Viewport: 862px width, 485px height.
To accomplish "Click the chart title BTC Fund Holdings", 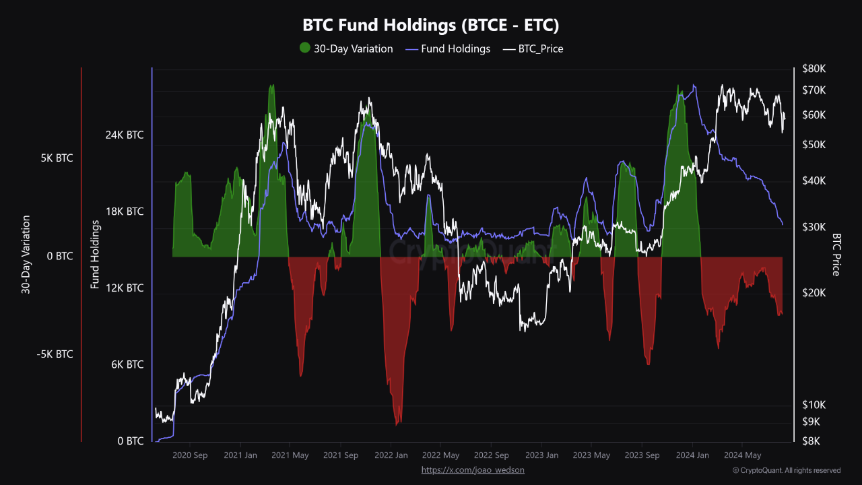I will pyautogui.click(x=431, y=25).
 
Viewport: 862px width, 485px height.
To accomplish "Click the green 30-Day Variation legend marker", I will pyautogui.click(x=305, y=48).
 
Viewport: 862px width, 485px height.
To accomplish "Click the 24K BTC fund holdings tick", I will pyautogui.click(x=125, y=135).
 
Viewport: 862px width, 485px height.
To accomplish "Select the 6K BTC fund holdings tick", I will pyautogui.click(x=126, y=364).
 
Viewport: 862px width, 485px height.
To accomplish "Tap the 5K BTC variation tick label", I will pyautogui.click(x=57, y=158).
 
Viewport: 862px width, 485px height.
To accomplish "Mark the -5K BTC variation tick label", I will pyautogui.click(x=55, y=354).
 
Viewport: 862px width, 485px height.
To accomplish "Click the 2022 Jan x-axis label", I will pyautogui.click(x=391, y=455).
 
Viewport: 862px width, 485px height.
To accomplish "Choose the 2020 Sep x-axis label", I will pyautogui.click(x=190, y=455).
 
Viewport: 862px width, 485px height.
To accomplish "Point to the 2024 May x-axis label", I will pyautogui.click(x=743, y=455).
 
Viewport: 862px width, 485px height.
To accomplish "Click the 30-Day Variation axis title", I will pyautogui.click(x=26, y=255).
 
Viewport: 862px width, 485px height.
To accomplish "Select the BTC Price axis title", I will pyautogui.click(x=836, y=255).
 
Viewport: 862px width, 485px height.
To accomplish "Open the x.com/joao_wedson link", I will pyautogui.click(x=473, y=470).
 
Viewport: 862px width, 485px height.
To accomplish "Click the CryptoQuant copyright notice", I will pyautogui.click(x=787, y=470).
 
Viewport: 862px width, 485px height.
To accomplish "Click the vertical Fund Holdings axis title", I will pyautogui.click(x=95, y=255).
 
